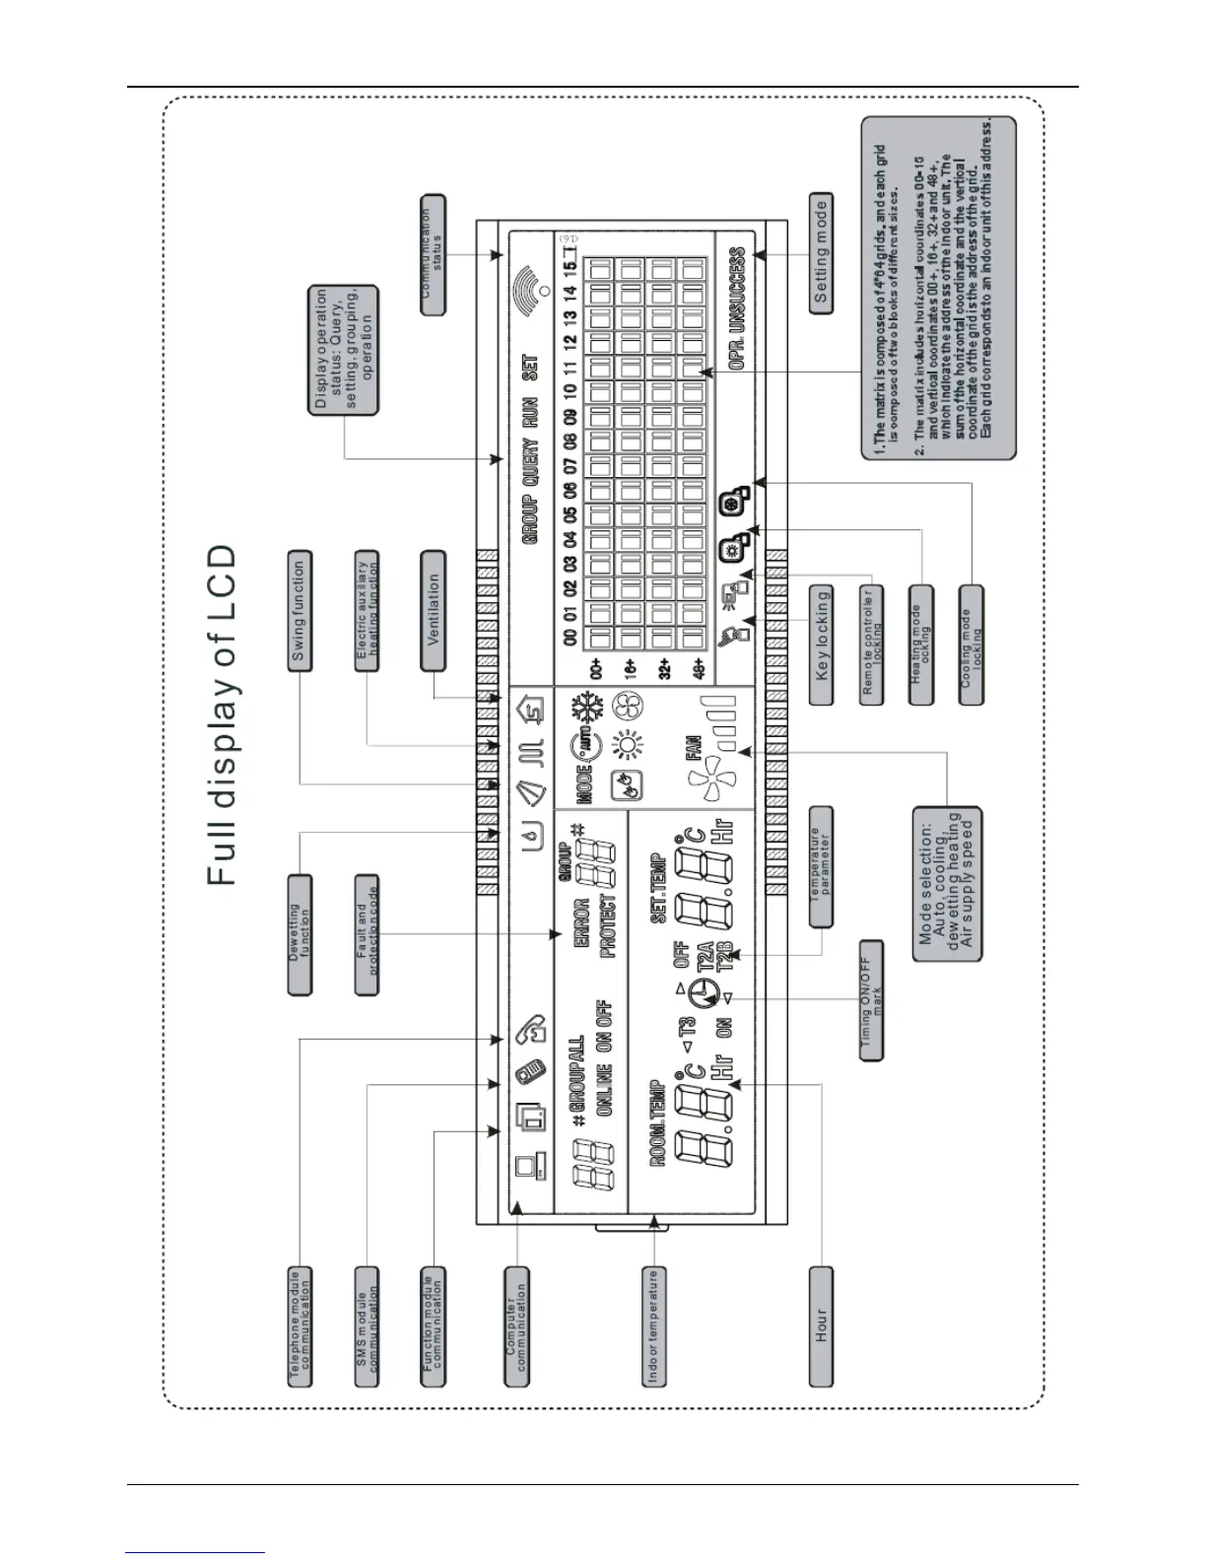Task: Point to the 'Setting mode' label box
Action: point(821,253)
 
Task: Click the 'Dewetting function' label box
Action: point(300,934)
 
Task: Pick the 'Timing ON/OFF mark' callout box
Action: point(871,1000)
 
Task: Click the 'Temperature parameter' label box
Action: point(821,867)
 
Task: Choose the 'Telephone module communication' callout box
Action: point(300,1326)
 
